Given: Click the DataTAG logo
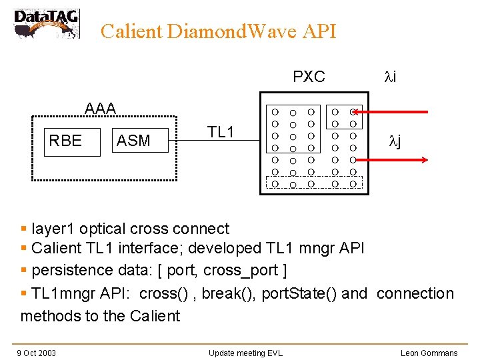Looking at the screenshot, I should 46,23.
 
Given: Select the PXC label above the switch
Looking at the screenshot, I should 309,77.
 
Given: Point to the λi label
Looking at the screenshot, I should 390,77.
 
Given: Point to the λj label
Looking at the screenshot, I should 395,141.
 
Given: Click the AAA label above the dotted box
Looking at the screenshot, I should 100,108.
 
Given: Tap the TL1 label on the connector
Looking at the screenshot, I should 221,132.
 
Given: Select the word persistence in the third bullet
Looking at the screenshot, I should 72,270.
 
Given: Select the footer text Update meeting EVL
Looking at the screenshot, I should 245,353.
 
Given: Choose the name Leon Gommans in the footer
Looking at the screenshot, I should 429,353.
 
